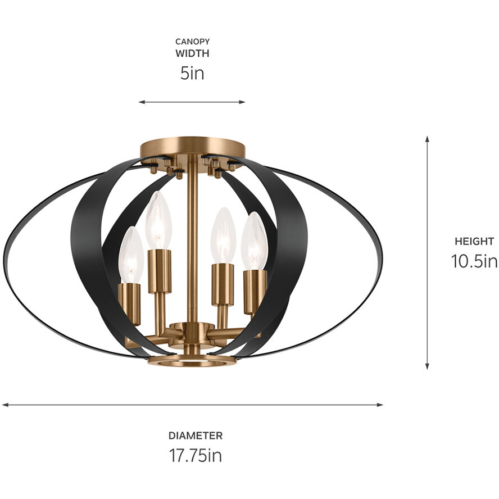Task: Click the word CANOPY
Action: pos(192,42)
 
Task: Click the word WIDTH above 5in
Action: pos(192,54)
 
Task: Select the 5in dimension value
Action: pos(192,74)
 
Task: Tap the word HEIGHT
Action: pos(474,242)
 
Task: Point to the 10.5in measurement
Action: pos(474,261)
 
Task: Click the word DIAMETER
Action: pos(195,436)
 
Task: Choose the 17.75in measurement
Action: pos(195,455)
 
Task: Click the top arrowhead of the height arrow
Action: pos(427,138)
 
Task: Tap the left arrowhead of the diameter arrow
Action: pos(4,405)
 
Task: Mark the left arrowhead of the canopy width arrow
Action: pos(141,102)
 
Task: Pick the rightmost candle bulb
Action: pos(255,241)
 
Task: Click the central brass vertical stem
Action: pos(192,236)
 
